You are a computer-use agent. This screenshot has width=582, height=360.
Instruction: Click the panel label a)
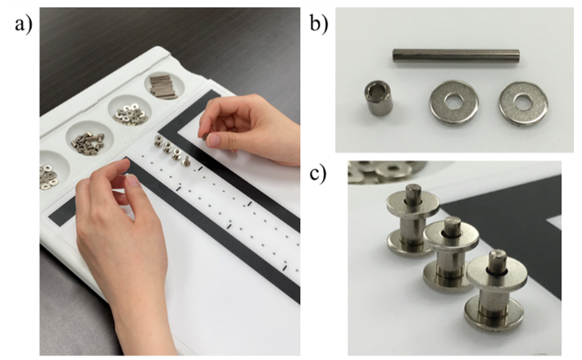pyautogui.click(x=24, y=25)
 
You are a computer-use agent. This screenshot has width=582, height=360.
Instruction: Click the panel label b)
pyautogui.click(x=319, y=25)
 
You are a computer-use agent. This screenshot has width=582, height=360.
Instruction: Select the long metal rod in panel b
pyautogui.click(x=456, y=56)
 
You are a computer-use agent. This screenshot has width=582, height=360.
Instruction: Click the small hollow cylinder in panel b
pyautogui.click(x=377, y=99)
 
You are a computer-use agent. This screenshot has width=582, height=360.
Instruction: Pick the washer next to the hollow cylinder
pyautogui.click(x=453, y=102)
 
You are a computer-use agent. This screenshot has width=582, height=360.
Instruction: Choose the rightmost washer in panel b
pyautogui.click(x=523, y=103)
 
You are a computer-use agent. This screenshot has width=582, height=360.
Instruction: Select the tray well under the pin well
pyautogui.click(x=130, y=110)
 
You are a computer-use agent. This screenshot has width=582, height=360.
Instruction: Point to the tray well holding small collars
pyautogui.click(x=90, y=140)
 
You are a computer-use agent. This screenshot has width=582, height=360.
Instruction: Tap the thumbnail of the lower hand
pyautogui.click(x=133, y=180)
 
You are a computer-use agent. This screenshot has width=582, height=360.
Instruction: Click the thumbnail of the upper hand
pyautogui.click(x=214, y=139)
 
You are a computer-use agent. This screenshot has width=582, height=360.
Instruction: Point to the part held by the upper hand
pyautogui.click(x=204, y=137)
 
